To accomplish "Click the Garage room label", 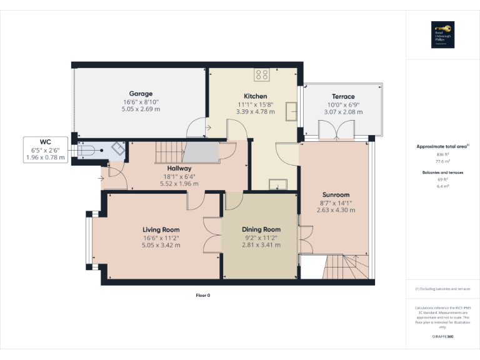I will [x=141, y=94].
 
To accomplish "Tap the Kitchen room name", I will [x=247, y=96].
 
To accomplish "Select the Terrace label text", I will [x=343, y=97].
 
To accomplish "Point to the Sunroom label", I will [x=336, y=194].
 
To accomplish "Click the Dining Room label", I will [x=261, y=229].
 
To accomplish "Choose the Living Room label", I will [x=161, y=229].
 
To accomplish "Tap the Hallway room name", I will [x=179, y=168].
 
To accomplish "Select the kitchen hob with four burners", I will [x=262, y=75].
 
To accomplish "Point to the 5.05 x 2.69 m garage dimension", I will [x=141, y=109].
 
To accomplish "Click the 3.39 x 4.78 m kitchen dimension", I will [x=247, y=111].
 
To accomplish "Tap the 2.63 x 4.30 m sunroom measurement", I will [x=336, y=210].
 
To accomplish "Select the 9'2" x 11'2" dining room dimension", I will [x=261, y=237].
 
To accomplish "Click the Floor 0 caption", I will [x=202, y=295].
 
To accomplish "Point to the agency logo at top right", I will [x=442, y=35].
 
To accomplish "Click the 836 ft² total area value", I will [x=442, y=154].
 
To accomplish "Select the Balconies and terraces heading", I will [x=442, y=171].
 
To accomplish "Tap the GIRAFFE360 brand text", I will [x=442, y=337].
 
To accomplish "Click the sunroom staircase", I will [x=341, y=269].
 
